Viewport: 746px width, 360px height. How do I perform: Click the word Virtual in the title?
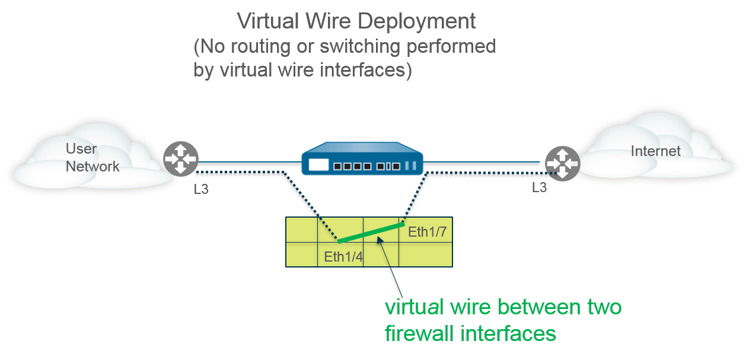coord(267,21)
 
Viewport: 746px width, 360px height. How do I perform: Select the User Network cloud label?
coord(92,158)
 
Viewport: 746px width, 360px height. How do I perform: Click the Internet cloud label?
coord(655,151)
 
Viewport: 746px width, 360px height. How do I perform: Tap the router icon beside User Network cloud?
coord(181,159)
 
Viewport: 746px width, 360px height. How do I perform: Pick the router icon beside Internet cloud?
coord(562,163)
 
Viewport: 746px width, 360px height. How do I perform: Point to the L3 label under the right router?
coord(538,188)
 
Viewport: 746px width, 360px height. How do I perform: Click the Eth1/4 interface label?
coord(343,257)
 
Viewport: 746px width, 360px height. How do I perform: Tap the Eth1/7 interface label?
coord(427,232)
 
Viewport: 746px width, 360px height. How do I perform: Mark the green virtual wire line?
coord(371,233)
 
